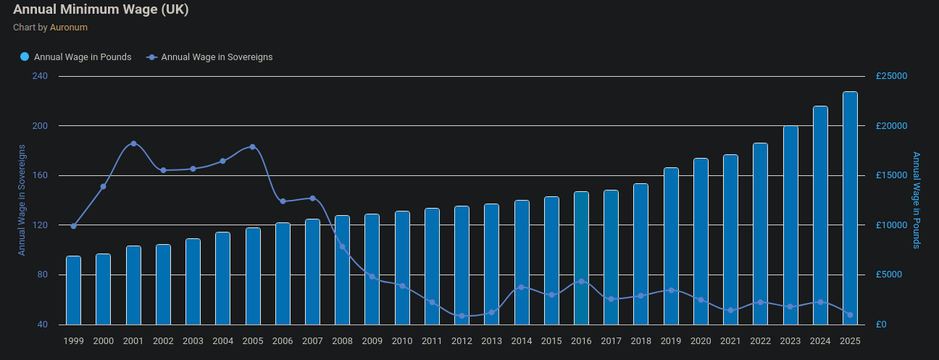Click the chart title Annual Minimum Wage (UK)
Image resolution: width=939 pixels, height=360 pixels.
(101, 10)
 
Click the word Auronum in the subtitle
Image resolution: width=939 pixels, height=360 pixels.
(69, 28)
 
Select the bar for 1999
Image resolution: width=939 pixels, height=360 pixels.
(73, 290)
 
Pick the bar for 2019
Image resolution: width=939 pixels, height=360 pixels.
(671, 246)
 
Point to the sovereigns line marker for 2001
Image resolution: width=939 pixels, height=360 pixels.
(133, 143)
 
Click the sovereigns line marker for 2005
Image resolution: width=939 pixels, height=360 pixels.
(252, 147)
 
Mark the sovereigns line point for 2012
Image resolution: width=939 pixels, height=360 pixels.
(462, 316)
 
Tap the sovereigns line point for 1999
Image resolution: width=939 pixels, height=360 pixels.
(73, 226)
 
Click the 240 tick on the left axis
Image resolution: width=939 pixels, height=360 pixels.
(40, 76)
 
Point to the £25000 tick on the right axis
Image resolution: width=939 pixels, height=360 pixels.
(891, 76)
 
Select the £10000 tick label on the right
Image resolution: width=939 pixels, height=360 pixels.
(891, 225)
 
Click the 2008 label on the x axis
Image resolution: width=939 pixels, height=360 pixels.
(342, 340)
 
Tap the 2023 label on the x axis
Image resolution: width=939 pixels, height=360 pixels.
(790, 340)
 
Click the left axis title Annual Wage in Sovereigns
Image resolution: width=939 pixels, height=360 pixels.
(22, 200)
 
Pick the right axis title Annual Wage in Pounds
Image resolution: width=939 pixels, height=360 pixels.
(917, 200)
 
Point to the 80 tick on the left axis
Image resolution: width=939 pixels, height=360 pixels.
(42, 275)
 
